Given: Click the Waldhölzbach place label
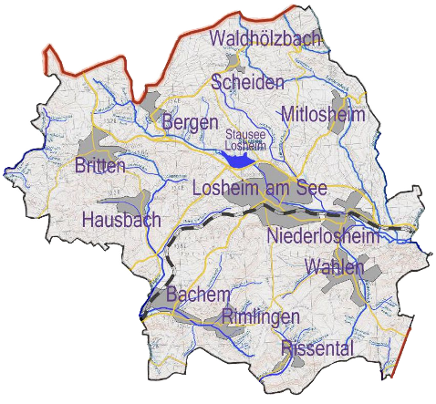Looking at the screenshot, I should coord(264,38).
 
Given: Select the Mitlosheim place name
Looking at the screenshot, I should coord(323,114).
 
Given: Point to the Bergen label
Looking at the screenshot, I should coord(190,121).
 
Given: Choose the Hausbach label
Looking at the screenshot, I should coord(120,219).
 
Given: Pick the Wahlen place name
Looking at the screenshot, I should coord(335,267).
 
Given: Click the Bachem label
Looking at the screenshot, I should coord(196,294).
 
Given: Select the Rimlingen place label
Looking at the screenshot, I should coord(261,316).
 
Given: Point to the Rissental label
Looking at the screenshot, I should coord(317,347).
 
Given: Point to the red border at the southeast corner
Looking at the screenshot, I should coord(399,351).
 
